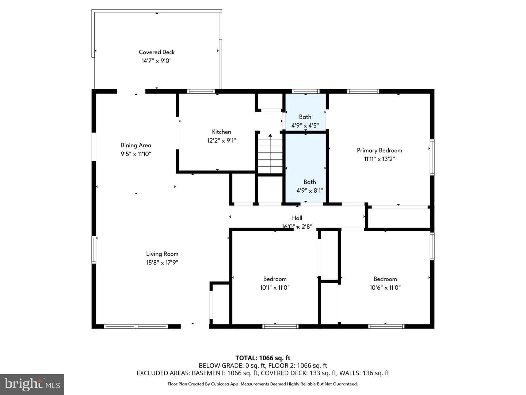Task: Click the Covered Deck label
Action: coord(156,52)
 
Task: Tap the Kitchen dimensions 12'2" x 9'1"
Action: coord(221,140)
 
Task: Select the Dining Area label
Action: coord(136,145)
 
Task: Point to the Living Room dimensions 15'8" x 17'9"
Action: coord(162,262)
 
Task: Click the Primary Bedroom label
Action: coord(380,150)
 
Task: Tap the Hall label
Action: coord(297,218)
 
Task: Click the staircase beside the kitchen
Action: coord(270,154)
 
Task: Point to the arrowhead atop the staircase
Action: coord(270,135)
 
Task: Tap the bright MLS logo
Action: coord(32,384)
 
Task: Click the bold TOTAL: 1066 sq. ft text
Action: coord(263,358)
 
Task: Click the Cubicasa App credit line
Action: coord(263,384)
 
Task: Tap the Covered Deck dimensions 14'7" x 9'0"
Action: coord(156,61)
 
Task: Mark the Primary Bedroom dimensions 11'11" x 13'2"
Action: coord(380,159)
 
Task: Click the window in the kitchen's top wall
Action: coord(201,91)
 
